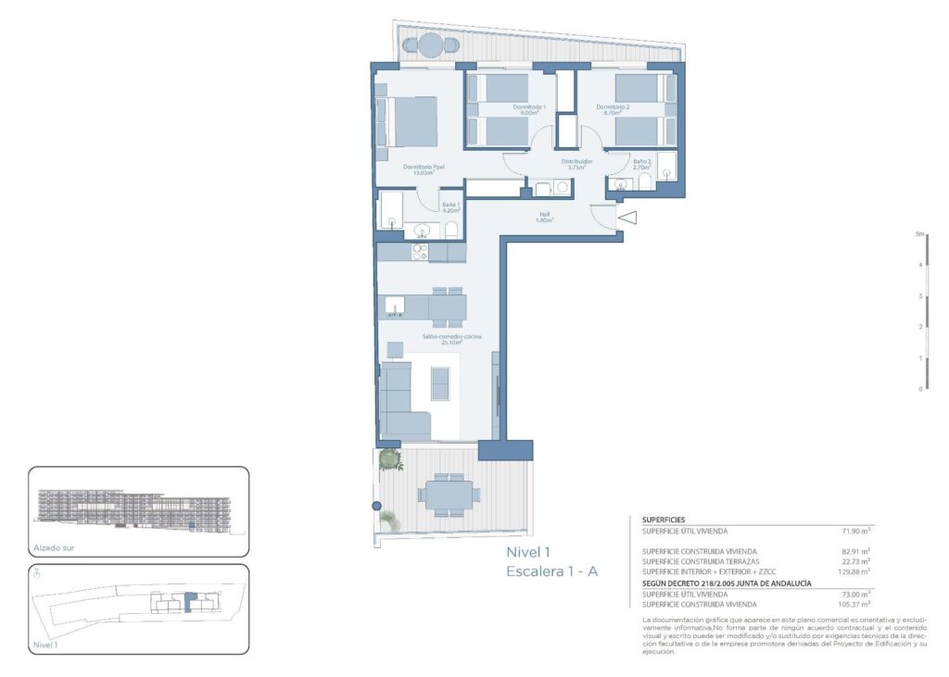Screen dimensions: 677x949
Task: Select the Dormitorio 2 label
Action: click(613, 108)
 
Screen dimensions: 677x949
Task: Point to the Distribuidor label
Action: click(577, 164)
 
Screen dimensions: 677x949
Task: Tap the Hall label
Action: click(546, 218)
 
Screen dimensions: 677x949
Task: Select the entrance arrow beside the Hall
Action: click(626, 219)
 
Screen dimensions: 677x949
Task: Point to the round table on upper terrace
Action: click(431, 44)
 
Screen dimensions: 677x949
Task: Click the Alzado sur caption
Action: click(53, 547)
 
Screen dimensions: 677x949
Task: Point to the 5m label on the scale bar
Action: click(919, 234)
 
